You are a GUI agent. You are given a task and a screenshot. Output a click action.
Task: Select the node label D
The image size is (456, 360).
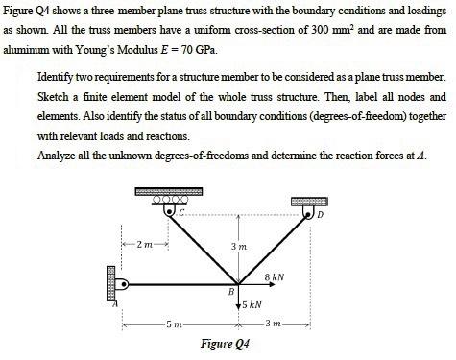point(322,213)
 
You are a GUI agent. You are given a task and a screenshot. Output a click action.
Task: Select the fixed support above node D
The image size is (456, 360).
point(306,202)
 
